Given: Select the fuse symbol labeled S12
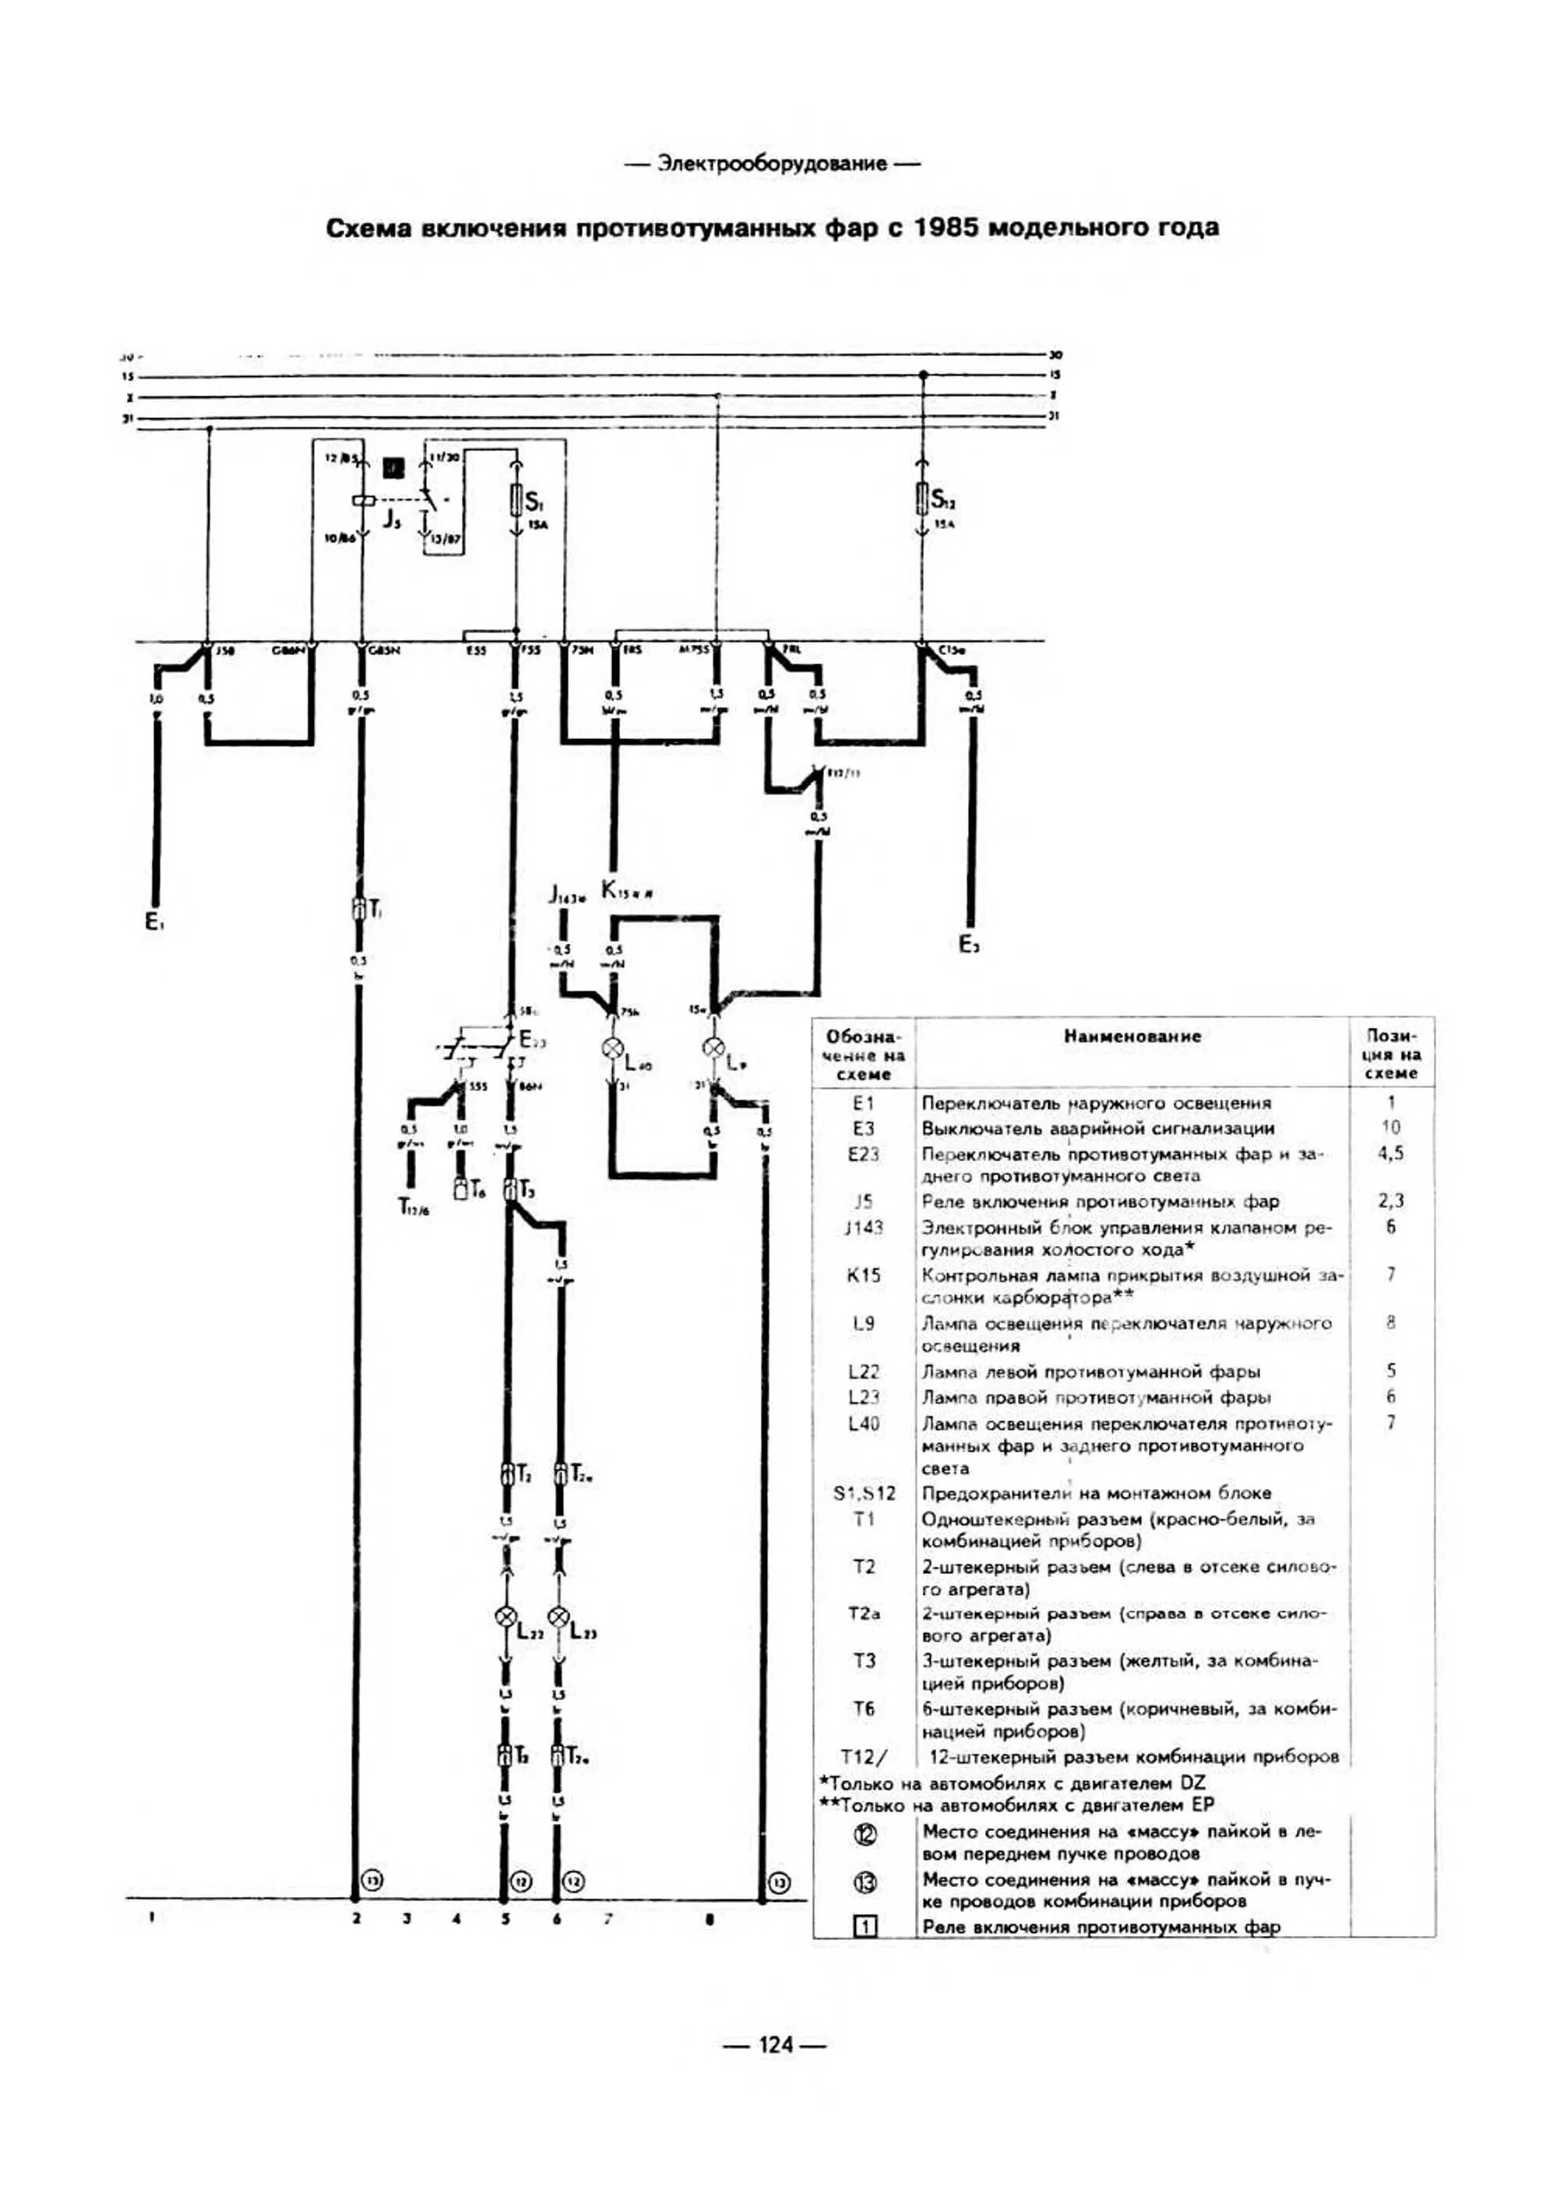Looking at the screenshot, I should [921, 498].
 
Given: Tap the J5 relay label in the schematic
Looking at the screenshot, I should [391, 521].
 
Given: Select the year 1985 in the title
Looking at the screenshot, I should [950, 228].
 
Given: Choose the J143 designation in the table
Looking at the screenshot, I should [864, 1228].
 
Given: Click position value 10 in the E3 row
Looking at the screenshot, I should [1391, 1128].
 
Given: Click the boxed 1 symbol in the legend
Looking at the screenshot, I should [866, 1926].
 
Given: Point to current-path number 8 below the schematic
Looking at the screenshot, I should [710, 1920].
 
